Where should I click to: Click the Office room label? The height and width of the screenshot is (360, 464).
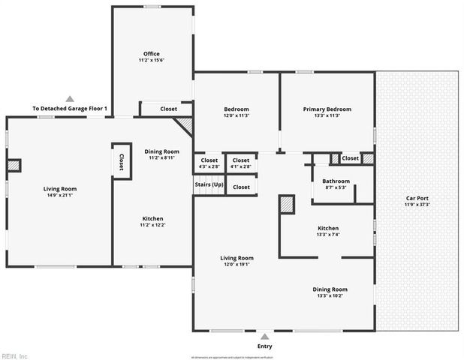152,53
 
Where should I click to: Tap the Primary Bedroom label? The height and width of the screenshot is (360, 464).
327,109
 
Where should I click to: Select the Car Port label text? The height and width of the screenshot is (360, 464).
417,198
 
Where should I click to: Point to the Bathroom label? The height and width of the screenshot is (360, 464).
336,181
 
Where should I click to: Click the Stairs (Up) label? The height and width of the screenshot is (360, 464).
209,184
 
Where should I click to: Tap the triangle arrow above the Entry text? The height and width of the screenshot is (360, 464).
264,337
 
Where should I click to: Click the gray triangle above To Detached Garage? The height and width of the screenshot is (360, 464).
70,98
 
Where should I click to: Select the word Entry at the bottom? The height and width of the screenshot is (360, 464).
264,346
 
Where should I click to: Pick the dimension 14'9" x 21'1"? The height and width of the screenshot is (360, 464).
59,196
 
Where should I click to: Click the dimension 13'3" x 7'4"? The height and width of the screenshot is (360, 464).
328,235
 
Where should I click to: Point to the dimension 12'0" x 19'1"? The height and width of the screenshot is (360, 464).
237,264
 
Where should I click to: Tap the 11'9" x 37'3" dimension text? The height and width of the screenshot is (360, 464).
417,205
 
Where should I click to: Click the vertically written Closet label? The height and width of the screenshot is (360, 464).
122,161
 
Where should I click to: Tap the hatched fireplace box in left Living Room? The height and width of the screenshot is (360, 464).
14,166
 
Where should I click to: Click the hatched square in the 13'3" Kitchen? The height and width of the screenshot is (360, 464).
287,204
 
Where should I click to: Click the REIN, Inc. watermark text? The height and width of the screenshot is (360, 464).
15,355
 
